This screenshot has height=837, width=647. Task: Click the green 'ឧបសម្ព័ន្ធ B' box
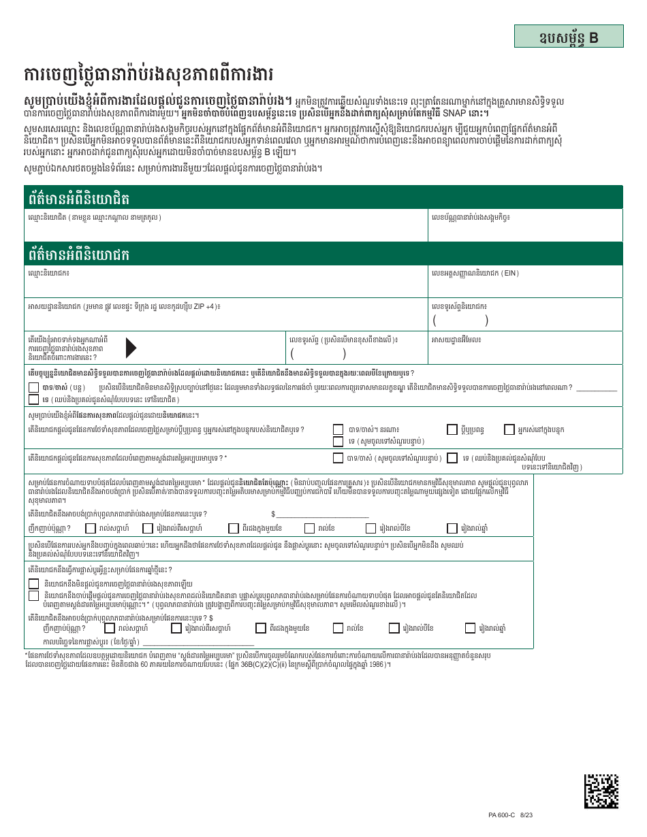click(x=569, y=37)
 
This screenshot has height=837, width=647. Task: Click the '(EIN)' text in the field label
click(x=510, y=273)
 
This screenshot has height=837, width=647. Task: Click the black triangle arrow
click(x=131, y=348)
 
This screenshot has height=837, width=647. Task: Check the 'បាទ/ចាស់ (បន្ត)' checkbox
click(x=33, y=387)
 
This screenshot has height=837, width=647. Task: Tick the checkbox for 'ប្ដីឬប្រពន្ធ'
click(x=452, y=429)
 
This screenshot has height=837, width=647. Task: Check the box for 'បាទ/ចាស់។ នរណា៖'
click(x=338, y=429)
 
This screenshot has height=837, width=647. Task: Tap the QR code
click(x=602, y=790)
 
